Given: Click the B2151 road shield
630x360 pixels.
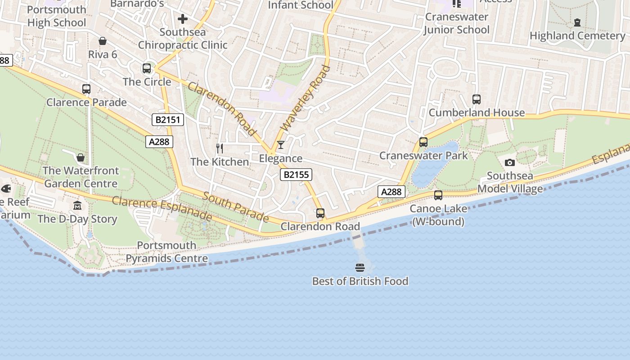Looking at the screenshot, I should pyautogui.click(x=168, y=120).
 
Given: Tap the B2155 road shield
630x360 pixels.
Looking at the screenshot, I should pyautogui.click(x=296, y=175).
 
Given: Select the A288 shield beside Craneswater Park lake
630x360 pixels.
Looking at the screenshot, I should pyautogui.click(x=391, y=192).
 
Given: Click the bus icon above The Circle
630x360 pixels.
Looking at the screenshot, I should pyautogui.click(x=147, y=68).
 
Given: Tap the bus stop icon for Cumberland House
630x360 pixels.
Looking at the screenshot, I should pyautogui.click(x=477, y=99).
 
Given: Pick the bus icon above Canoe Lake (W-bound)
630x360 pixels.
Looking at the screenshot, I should pyautogui.click(x=438, y=195).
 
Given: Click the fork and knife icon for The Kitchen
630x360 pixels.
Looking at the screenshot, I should pyautogui.click(x=220, y=148).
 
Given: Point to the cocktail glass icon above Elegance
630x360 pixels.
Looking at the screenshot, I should pyautogui.click(x=281, y=145).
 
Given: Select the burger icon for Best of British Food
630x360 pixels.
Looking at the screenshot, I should pyautogui.click(x=360, y=268).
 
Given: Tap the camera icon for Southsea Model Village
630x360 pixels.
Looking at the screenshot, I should pyautogui.click(x=510, y=162).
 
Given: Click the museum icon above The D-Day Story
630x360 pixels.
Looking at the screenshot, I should pyautogui.click(x=77, y=206).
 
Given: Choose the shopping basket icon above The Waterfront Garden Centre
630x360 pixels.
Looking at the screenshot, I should pyautogui.click(x=81, y=157).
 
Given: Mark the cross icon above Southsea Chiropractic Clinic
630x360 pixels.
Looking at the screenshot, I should pyautogui.click(x=182, y=19).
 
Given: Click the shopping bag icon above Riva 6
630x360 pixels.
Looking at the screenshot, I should pyautogui.click(x=103, y=41).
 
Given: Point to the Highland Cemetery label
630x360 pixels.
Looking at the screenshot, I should pyautogui.click(x=577, y=36).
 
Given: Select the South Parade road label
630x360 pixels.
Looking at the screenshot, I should pyautogui.click(x=236, y=207).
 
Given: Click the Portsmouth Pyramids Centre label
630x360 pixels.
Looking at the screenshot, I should pyautogui.click(x=166, y=252).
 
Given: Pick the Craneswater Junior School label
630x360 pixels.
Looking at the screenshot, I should pyautogui.click(x=456, y=23).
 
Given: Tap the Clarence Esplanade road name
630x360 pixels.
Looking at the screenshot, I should pyautogui.click(x=162, y=208).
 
